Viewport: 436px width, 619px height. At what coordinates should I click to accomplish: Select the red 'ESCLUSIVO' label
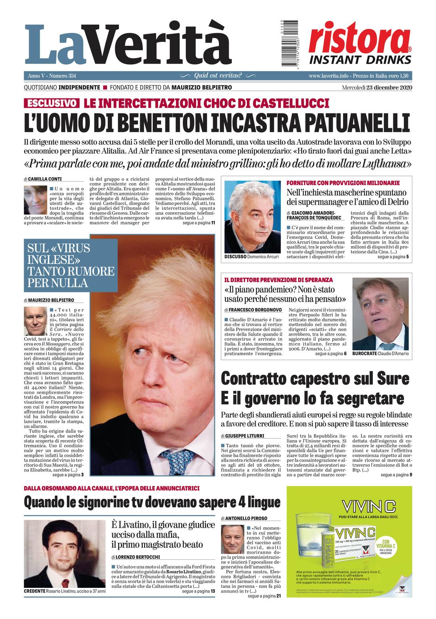(x=52, y=104)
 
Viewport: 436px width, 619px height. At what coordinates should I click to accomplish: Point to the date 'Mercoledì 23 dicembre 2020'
(x=377, y=87)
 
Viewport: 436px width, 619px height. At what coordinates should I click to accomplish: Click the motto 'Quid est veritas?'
(x=218, y=76)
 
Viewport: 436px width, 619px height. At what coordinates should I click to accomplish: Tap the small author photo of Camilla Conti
(x=35, y=200)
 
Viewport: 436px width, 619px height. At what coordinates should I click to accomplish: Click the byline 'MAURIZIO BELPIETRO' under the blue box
(x=52, y=300)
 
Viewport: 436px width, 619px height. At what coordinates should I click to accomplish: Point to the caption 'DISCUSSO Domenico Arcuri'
(x=251, y=257)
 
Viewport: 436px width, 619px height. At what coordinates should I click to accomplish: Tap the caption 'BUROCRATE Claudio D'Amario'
(x=380, y=353)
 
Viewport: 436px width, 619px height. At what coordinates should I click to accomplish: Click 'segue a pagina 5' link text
(x=393, y=257)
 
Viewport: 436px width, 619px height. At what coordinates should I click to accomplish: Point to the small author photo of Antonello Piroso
(x=233, y=539)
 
